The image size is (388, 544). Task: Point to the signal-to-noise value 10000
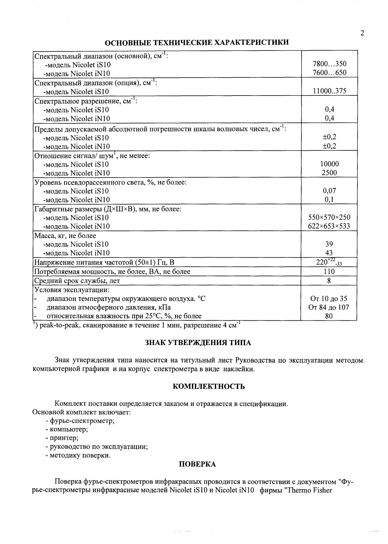pyautogui.click(x=329, y=164)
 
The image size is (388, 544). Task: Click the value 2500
pyautogui.click(x=329, y=173)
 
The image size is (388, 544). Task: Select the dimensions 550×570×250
pyautogui.click(x=329, y=217)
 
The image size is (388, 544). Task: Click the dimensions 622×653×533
pyautogui.click(x=329, y=226)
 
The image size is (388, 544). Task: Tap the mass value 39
pyautogui.click(x=329, y=244)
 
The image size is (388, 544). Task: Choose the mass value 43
pyautogui.click(x=329, y=253)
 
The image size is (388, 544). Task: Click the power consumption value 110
pyautogui.click(x=329, y=272)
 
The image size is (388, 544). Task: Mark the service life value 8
pyautogui.click(x=329, y=281)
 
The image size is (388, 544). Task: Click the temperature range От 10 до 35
pyautogui.click(x=329, y=299)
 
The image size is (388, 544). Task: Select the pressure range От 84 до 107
pyautogui.click(x=329, y=308)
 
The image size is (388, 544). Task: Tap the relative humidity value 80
pyautogui.click(x=329, y=316)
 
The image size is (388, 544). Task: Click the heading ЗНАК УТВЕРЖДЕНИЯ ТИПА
pyautogui.click(x=198, y=343)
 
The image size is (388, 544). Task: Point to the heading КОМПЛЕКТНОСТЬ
pyautogui.click(x=209, y=386)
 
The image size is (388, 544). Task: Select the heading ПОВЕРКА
pyautogui.click(x=197, y=464)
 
